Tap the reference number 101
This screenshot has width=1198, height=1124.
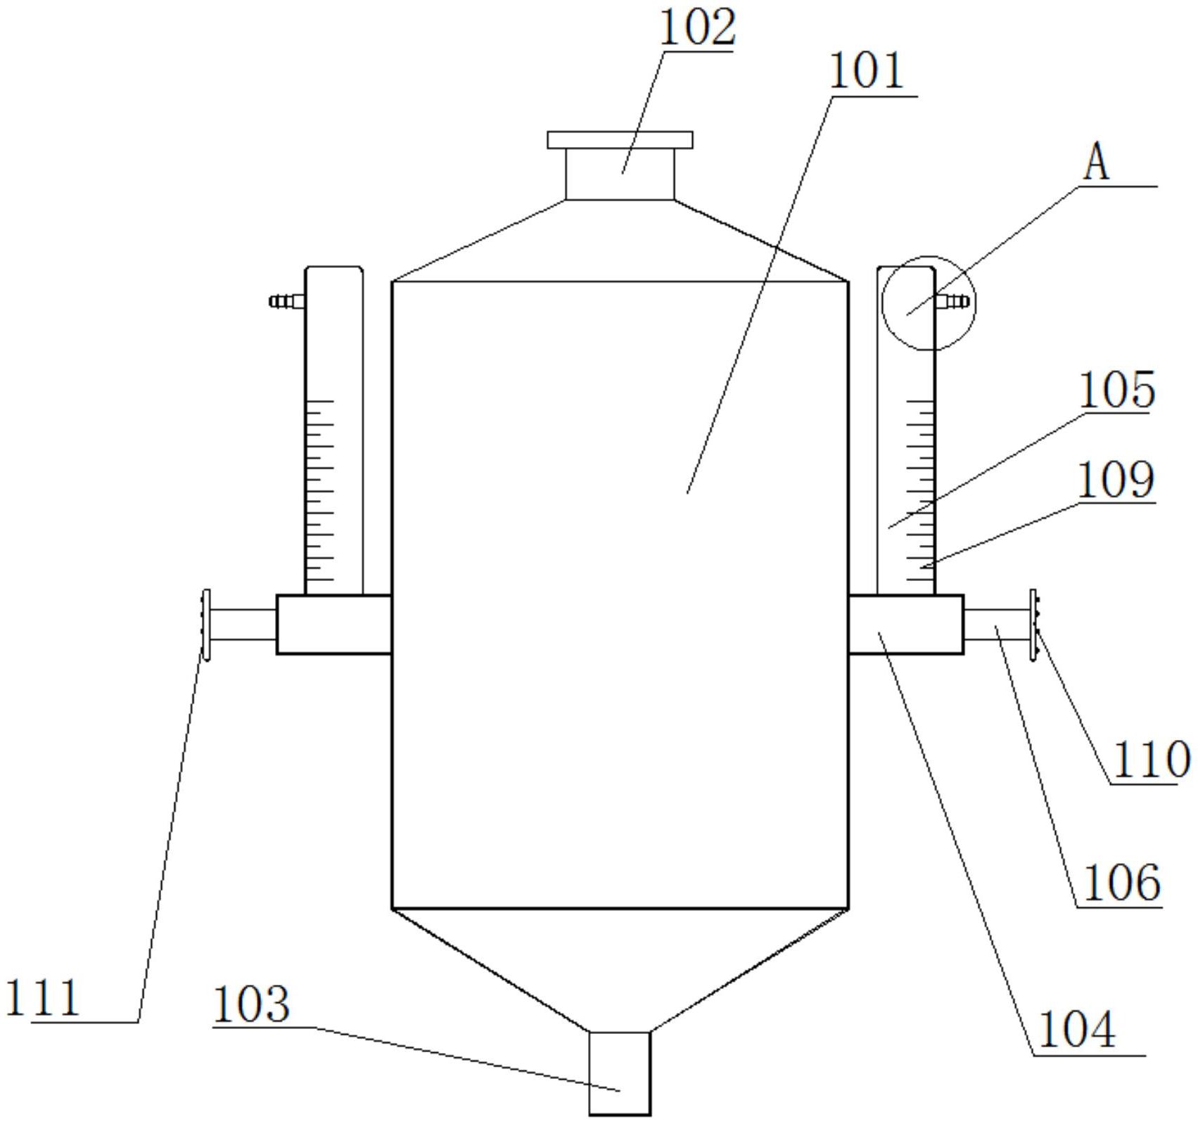coord(867,72)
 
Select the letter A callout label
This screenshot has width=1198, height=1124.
coord(1096,164)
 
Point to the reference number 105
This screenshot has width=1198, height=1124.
coord(1116,390)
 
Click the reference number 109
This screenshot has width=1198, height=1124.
coord(1116,481)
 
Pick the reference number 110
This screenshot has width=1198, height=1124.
coord(1151,760)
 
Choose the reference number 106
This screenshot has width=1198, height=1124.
coord(1121,883)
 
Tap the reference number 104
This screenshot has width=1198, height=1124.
coord(1076,1030)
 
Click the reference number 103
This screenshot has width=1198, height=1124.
coord(250,1004)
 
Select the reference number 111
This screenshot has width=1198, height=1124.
coord(42,998)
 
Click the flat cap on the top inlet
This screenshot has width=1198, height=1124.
coord(620,140)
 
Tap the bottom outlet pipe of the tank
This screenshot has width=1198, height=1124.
coord(619,1073)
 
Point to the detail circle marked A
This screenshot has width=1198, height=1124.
coord(929,302)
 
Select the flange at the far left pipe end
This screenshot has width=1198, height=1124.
coord(206,625)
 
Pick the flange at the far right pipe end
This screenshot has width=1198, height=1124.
coord(1033,625)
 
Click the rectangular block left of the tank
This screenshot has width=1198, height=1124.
coord(333,625)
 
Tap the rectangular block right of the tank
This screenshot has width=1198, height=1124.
coord(906,625)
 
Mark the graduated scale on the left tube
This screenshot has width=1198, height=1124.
coord(320,492)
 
